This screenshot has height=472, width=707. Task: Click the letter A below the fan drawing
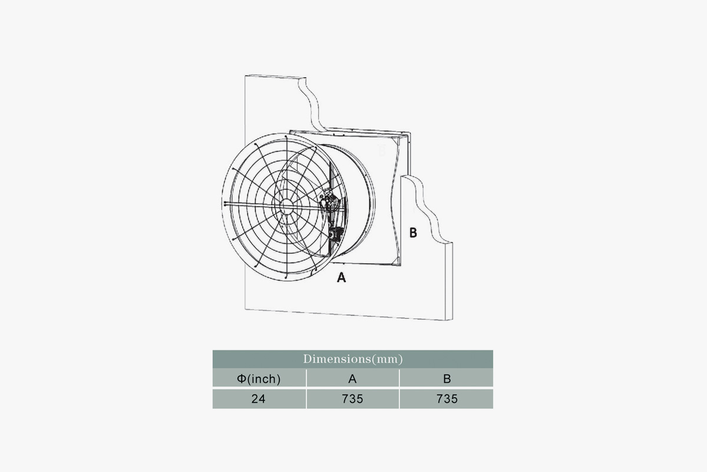pyautogui.click(x=341, y=277)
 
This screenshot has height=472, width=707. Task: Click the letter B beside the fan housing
pyautogui.click(x=413, y=232)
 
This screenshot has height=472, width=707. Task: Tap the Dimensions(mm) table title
pyautogui.click(x=353, y=359)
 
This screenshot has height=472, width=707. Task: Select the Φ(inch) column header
pyautogui.click(x=259, y=379)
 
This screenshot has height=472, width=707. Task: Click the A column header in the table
pyautogui.click(x=352, y=379)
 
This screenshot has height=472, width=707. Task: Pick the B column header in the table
pyautogui.click(x=447, y=379)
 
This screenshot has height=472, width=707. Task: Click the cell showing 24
pyautogui.click(x=259, y=399)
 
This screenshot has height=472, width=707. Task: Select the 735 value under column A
pyautogui.click(x=352, y=399)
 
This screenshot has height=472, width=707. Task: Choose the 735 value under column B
pyautogui.click(x=447, y=399)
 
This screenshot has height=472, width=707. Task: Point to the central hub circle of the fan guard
pyautogui.click(x=286, y=206)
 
